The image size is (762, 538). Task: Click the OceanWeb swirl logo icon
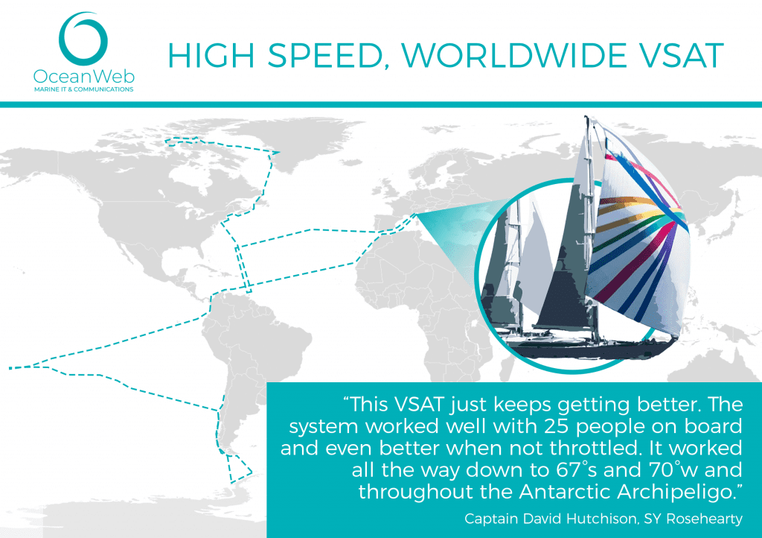click(x=83, y=39)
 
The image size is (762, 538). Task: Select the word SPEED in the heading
click(x=324, y=55)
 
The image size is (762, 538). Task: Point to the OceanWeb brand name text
click(x=83, y=76)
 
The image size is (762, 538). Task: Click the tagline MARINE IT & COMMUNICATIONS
click(x=83, y=89)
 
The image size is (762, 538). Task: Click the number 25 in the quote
click(x=557, y=426)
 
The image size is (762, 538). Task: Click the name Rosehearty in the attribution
click(x=704, y=519)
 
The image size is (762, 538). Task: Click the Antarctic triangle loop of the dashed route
click(x=237, y=467)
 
